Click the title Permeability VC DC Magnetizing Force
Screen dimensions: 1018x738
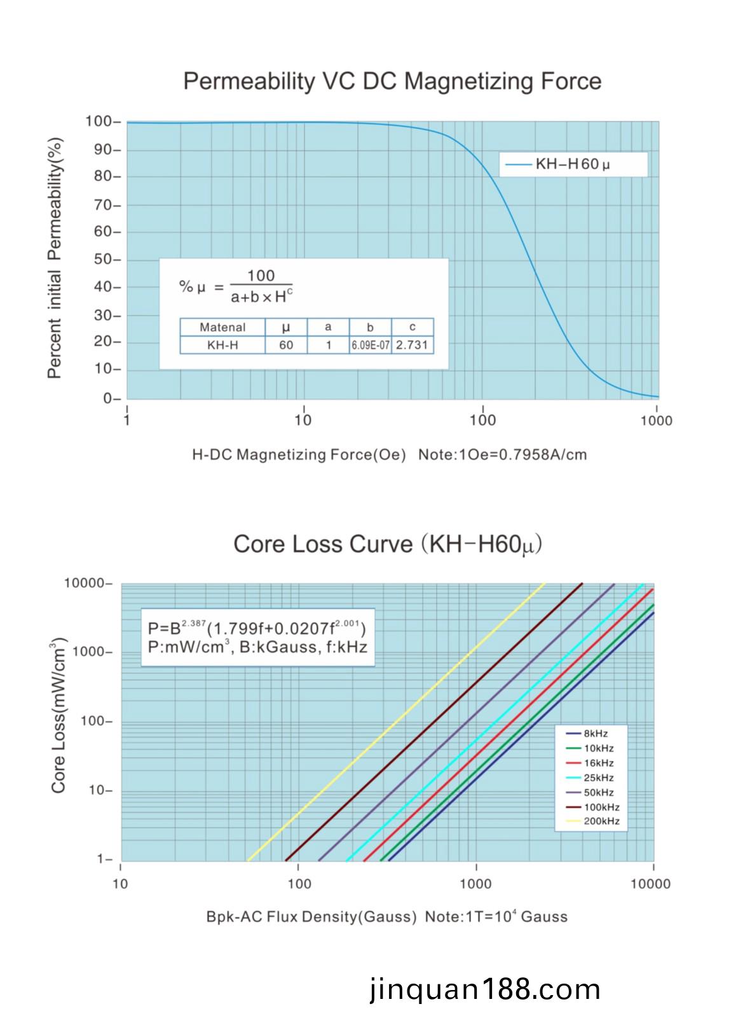coord(392,81)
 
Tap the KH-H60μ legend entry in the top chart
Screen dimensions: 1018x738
coord(572,164)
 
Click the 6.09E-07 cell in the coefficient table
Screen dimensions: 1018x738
coord(370,345)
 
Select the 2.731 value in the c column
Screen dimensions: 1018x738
coord(412,345)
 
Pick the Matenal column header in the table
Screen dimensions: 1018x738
coord(222,327)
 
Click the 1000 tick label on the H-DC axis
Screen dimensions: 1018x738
coord(656,421)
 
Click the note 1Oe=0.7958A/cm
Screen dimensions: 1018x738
coord(502,455)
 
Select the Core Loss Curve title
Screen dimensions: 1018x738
coord(387,545)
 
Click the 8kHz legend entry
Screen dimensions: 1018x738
coord(595,734)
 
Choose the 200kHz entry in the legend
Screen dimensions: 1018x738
coord(601,821)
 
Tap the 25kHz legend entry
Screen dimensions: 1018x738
coord(598,777)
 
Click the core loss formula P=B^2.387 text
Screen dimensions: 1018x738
coord(257,629)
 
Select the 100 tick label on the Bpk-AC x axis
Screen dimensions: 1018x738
coord(299,883)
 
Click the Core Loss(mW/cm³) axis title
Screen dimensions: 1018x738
coord(58,715)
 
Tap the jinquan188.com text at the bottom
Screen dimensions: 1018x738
coord(484,990)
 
